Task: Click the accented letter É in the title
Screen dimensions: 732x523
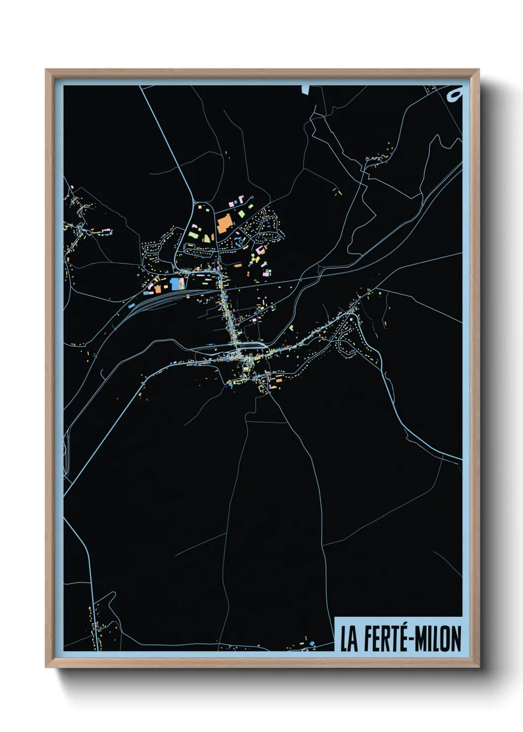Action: (402, 638)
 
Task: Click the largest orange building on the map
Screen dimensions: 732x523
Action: (224, 224)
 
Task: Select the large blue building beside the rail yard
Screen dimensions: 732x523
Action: (176, 283)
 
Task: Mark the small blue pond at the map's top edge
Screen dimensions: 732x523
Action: (305, 90)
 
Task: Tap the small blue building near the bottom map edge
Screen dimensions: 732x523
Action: (311, 643)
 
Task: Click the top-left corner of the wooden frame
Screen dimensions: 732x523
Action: (46, 70)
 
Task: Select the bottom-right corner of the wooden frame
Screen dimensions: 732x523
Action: (478, 667)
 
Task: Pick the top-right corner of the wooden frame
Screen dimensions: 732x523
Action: (478, 70)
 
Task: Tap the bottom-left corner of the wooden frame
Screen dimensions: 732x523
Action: (46, 667)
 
